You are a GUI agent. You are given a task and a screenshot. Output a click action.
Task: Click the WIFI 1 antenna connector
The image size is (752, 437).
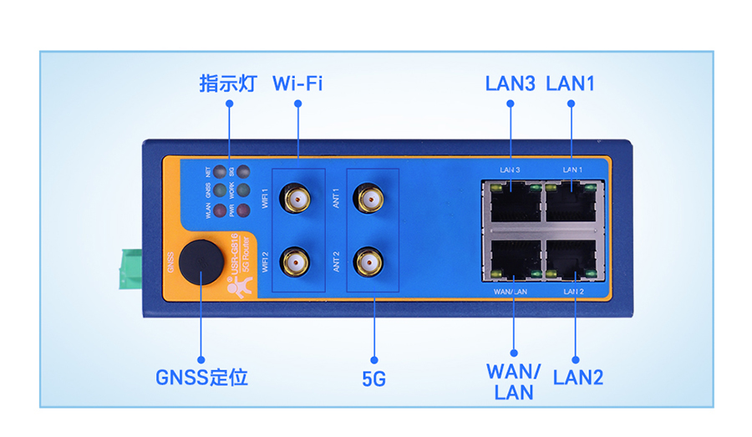(x=296, y=199)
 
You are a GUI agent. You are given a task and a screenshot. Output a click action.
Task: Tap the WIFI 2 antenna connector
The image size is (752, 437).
(x=296, y=263)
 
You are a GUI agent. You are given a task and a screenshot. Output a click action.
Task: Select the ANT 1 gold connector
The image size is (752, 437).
(x=368, y=199)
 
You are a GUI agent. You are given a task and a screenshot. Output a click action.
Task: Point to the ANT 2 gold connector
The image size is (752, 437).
(x=368, y=263)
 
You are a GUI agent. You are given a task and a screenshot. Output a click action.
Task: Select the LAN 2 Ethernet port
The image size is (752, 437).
(x=571, y=260)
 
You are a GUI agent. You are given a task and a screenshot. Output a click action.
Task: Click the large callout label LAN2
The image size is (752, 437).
(x=578, y=377)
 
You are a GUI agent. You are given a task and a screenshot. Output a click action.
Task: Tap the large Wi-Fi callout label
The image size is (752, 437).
(x=297, y=84)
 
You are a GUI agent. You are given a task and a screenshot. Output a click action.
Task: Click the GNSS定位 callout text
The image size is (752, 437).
(x=201, y=377)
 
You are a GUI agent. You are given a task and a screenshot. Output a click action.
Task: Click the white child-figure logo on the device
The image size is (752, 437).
(x=238, y=287)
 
